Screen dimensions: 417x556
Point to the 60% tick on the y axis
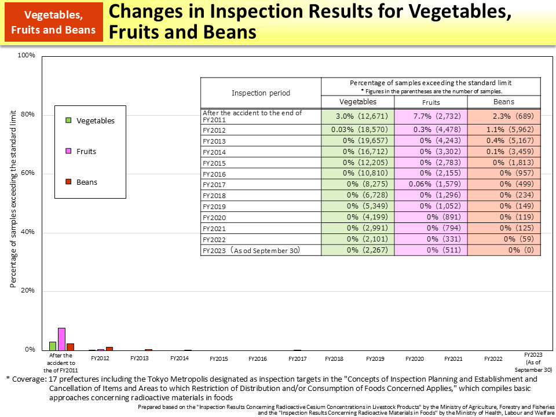point(27,173)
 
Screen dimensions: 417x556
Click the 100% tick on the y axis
point(27,56)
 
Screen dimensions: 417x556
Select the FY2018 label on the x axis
point(334,359)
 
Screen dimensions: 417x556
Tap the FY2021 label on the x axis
point(453,359)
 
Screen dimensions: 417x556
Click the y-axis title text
point(13,200)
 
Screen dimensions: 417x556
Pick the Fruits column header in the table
point(431,102)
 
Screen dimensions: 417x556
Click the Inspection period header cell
point(261,93)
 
